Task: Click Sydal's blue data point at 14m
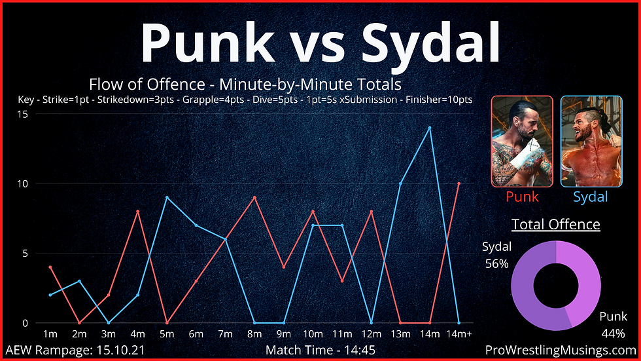click(x=430, y=128)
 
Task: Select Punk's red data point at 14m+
click(x=459, y=183)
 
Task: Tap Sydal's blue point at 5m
click(x=167, y=197)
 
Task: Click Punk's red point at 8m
click(x=254, y=197)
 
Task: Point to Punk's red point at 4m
click(x=138, y=211)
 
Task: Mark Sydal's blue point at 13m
click(x=400, y=183)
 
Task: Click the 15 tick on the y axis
click(x=23, y=114)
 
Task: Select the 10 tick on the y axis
click(x=23, y=183)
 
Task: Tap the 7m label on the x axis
click(x=225, y=334)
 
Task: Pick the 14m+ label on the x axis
click(x=459, y=334)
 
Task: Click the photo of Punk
click(x=522, y=142)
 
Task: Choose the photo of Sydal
click(x=591, y=142)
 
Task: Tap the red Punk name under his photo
click(x=522, y=197)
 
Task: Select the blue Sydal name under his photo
click(x=590, y=197)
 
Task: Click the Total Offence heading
click(x=556, y=224)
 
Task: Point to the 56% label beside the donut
click(x=496, y=263)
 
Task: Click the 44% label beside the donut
click(x=614, y=333)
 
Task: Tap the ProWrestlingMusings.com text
click(x=561, y=351)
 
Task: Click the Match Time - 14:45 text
click(x=320, y=351)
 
